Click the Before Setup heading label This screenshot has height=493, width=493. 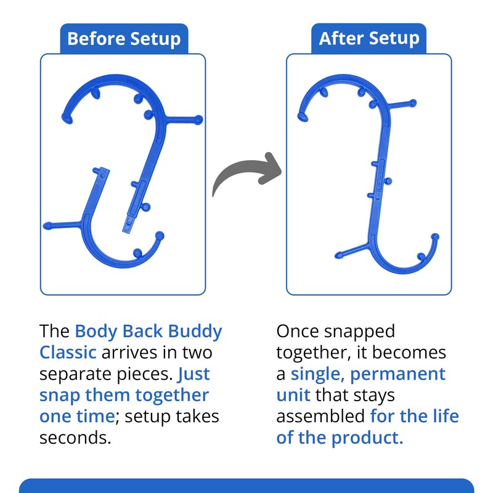click(x=123, y=39)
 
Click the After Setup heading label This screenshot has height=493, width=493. click(x=369, y=39)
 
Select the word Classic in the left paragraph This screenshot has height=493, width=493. click(x=67, y=352)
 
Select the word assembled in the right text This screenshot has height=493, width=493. click(x=320, y=417)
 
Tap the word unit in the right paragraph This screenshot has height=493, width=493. click(x=293, y=395)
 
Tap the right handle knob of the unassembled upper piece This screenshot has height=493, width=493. click(x=198, y=118)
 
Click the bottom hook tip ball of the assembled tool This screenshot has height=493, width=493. click(x=435, y=237)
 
